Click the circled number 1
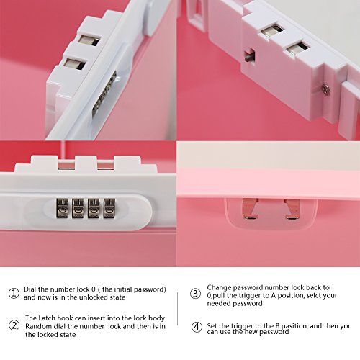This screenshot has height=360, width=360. (x=14, y=293)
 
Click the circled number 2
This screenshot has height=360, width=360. (x=14, y=325)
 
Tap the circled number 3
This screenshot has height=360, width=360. (x=195, y=294)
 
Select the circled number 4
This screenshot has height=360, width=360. (x=197, y=327)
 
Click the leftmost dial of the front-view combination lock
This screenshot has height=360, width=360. (x=62, y=208)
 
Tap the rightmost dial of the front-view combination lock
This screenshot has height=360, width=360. (x=109, y=208)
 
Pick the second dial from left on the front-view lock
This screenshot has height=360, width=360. (x=78, y=208)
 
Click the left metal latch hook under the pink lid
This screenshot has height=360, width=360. (x=250, y=208)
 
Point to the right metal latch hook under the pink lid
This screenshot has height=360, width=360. (x=292, y=208)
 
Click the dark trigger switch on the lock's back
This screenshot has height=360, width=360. (x=250, y=56)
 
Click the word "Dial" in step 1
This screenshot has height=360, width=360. (x=30, y=289)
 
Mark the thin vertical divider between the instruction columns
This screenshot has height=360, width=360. (x=178, y=309)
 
